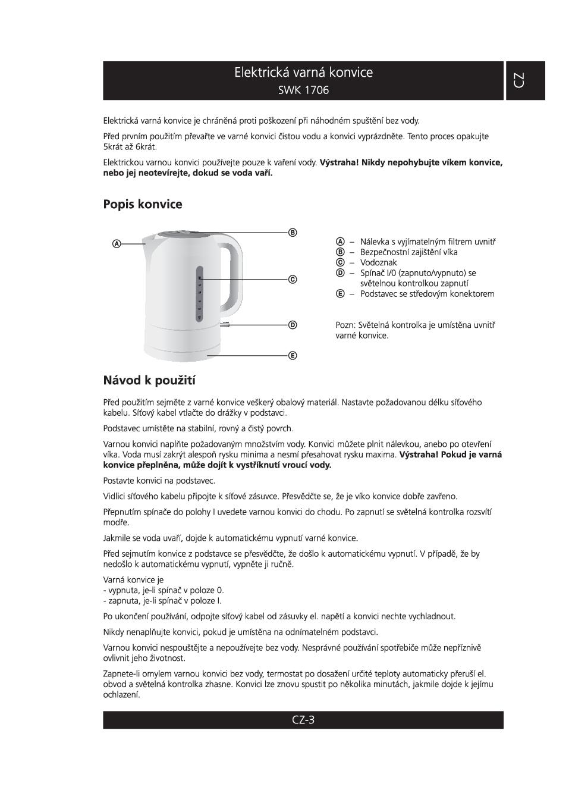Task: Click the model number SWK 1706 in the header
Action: tap(303, 90)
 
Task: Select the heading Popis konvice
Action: tap(143, 204)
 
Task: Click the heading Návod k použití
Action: tap(149, 380)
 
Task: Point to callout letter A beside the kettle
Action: tap(117, 243)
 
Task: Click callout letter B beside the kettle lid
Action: tap(293, 232)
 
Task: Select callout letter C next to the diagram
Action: tap(293, 279)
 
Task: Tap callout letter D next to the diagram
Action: tap(293, 325)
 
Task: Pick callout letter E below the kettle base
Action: tap(293, 355)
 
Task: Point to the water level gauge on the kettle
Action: tap(200, 294)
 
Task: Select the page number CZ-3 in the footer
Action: tap(303, 720)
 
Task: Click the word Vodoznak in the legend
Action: tap(378, 262)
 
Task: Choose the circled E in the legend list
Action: tap(340, 293)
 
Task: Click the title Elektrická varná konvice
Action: tap(303, 73)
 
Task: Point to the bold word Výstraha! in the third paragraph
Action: tap(339, 162)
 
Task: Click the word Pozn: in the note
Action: tap(346, 325)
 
